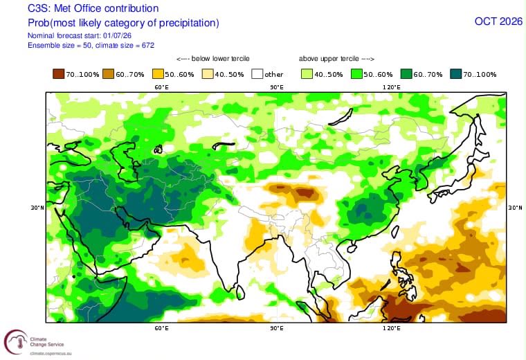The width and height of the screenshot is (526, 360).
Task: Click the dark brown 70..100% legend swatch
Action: pos(58,74)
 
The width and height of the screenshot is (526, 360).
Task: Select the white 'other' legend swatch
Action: pos(257,74)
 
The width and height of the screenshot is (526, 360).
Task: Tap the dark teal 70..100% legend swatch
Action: pos(456,74)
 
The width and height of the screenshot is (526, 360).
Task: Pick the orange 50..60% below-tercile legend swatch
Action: pos(158,74)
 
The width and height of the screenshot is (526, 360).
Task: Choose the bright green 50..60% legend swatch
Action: pos(356,74)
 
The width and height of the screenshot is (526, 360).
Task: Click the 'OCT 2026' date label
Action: pos(498,21)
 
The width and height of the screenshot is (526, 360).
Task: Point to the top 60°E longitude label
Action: pos(162,87)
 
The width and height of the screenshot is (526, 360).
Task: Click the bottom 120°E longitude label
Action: pos(392,327)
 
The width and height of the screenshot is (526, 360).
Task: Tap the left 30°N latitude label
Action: pos(37,208)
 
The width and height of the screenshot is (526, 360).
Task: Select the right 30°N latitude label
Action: pos(515,208)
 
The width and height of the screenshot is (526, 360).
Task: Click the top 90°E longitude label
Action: pos(277,87)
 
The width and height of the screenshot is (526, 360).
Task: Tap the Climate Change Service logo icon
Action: pos(16,342)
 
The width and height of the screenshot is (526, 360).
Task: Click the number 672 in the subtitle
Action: pos(148,45)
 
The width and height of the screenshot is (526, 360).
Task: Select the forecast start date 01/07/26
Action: pos(118,35)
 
